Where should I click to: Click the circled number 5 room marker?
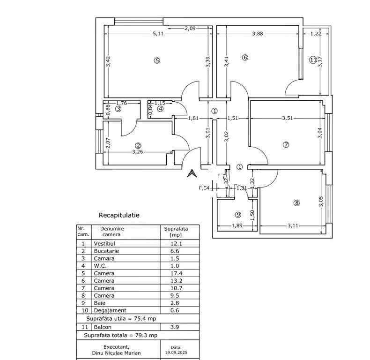157,60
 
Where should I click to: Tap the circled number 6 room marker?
244,58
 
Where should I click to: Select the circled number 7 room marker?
286,145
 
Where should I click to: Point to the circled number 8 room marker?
296,203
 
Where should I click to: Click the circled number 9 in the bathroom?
238,215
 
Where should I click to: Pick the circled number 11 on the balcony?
313,60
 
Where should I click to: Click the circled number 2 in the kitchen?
138,145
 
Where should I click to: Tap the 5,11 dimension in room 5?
158,34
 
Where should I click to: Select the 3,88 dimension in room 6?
258,34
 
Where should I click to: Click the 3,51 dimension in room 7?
287,119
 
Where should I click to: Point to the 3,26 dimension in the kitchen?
137,152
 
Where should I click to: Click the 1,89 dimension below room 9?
237,226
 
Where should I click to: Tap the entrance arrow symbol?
191,173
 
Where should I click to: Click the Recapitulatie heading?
119,216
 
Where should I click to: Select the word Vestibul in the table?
104,244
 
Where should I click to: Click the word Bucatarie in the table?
106,251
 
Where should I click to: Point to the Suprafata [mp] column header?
176,232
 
